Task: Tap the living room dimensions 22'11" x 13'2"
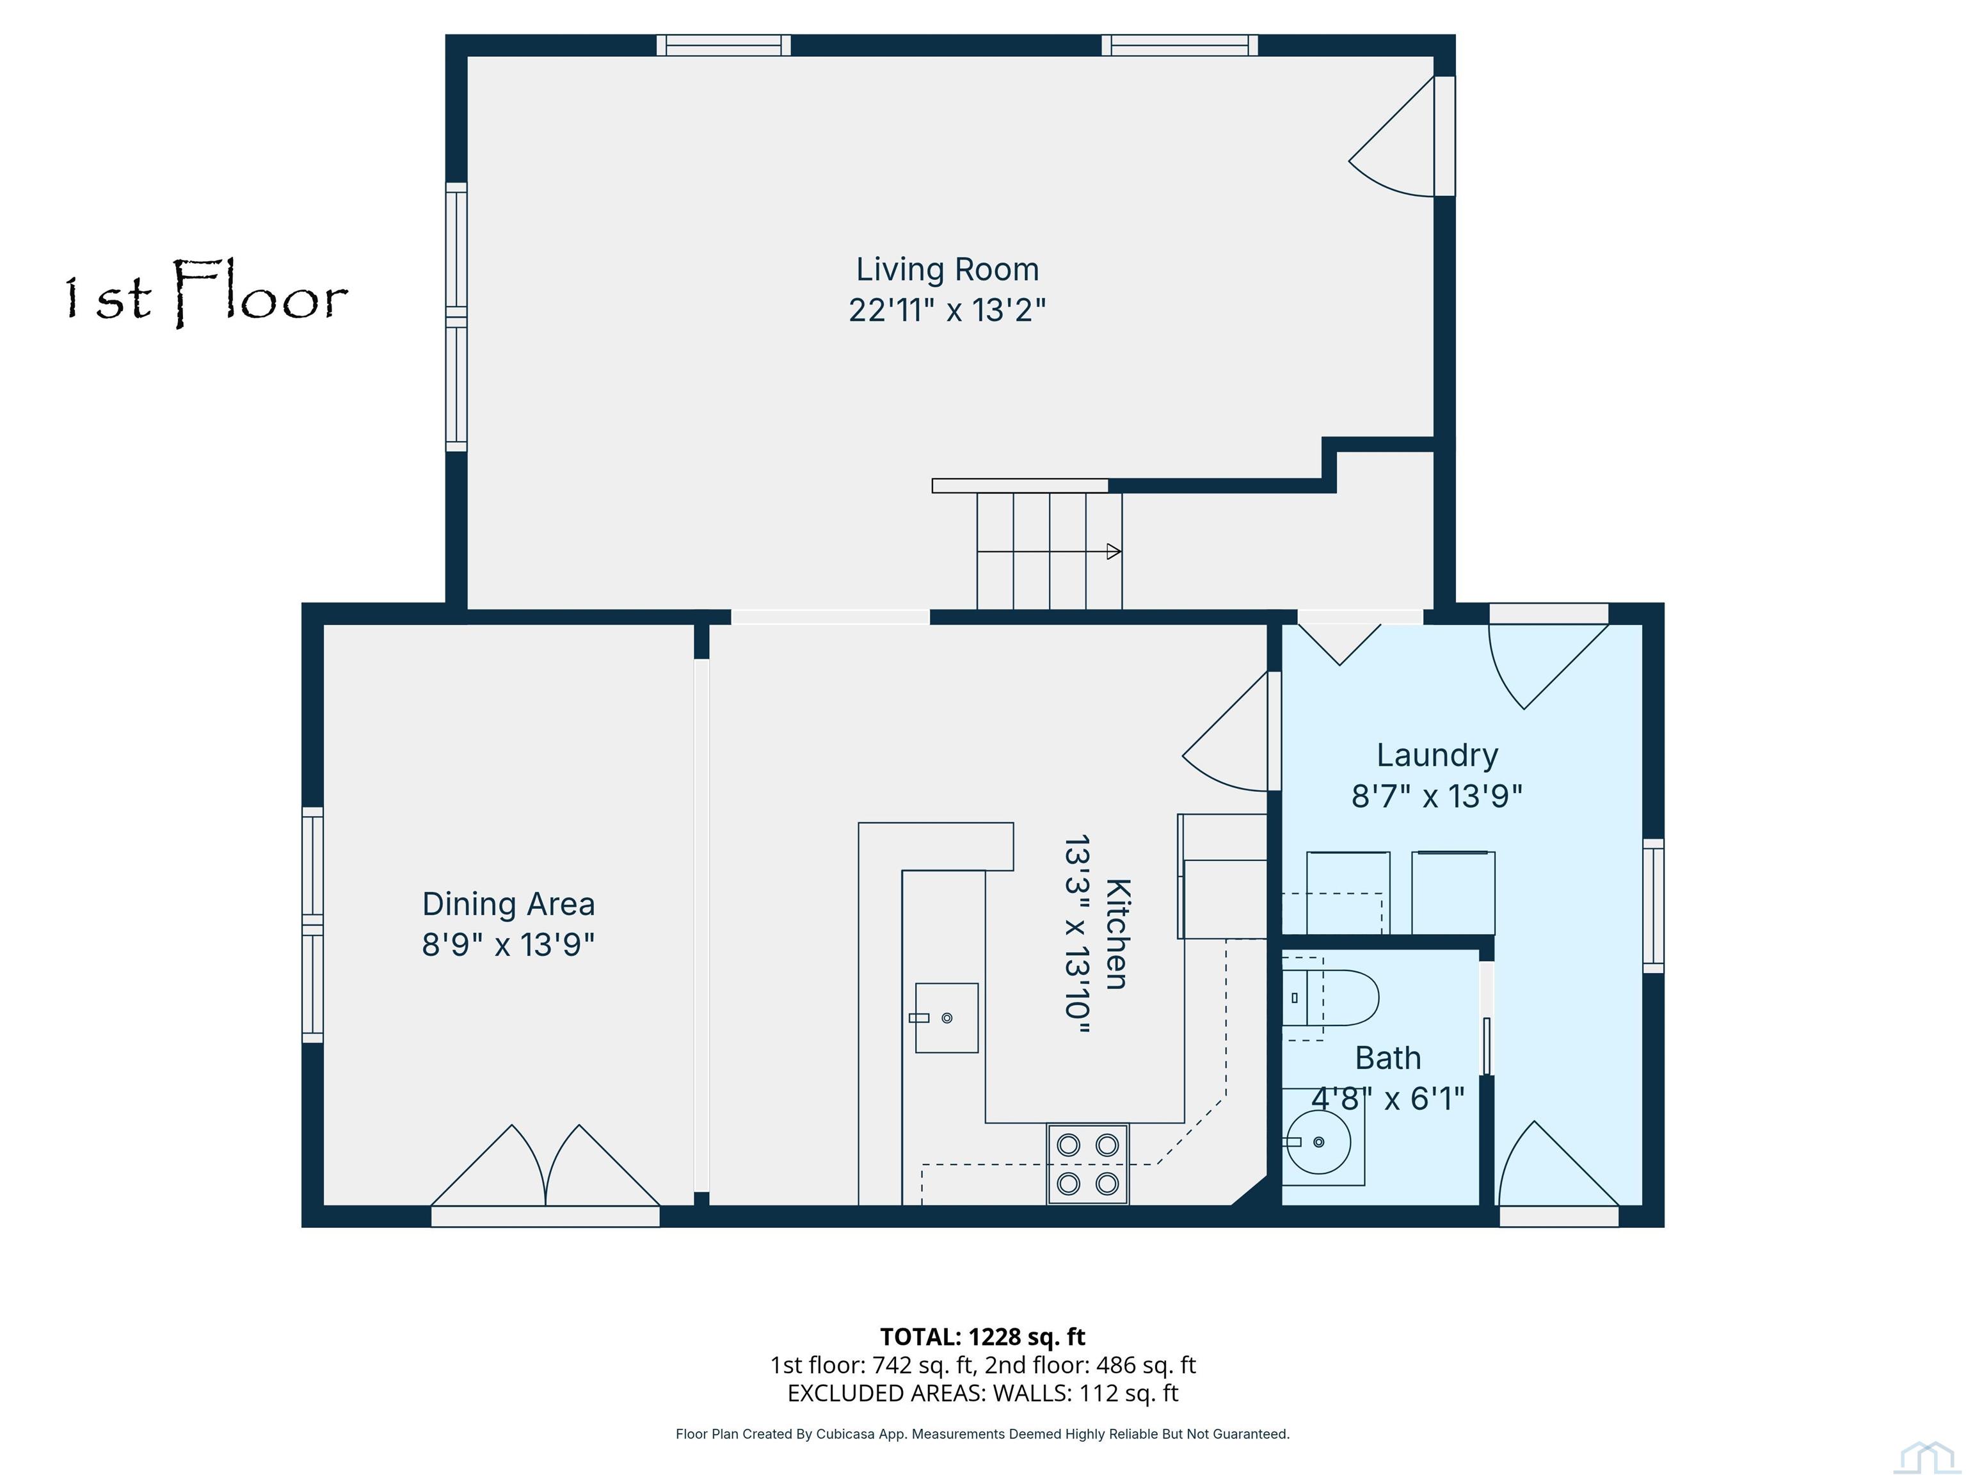pos(947,310)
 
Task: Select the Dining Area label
pos(508,903)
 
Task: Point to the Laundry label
pos(1437,755)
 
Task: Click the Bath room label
pos(1387,1058)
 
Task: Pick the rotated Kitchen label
pos(1117,933)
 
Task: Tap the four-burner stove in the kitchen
pos(1088,1165)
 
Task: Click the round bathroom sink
pos(1319,1141)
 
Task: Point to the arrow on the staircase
pos(1049,551)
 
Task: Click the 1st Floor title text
pos(206,293)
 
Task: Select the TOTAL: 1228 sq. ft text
pos(982,1336)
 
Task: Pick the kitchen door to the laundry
pos(1227,731)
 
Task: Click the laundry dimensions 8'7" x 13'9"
pos(1437,796)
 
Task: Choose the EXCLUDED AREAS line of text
pos(982,1393)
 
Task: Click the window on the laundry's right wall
pos(1653,905)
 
